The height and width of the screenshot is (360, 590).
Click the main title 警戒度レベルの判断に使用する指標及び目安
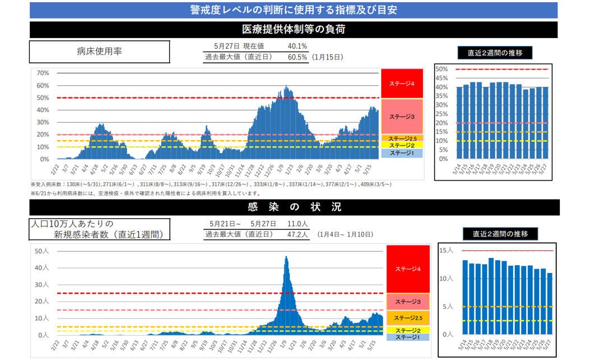(x=294, y=10)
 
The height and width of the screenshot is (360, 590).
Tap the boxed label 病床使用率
(x=99, y=52)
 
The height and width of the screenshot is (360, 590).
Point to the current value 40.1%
(x=297, y=46)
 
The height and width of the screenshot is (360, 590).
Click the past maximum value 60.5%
(x=297, y=57)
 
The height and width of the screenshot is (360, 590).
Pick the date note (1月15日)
(x=328, y=57)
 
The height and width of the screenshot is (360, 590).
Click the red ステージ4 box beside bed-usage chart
(x=401, y=84)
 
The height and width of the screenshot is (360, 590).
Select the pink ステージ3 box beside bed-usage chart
(x=401, y=117)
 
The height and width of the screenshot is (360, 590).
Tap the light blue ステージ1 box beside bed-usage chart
(x=401, y=153)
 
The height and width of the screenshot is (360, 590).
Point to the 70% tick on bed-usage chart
(x=43, y=73)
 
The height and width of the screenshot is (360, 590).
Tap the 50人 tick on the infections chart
(x=42, y=251)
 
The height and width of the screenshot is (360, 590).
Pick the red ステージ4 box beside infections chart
(x=407, y=269)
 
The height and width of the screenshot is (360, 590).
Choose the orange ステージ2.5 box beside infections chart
(x=407, y=318)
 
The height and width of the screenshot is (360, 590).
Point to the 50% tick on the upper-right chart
(x=441, y=69)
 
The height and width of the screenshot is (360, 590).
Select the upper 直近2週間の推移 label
(x=495, y=53)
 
